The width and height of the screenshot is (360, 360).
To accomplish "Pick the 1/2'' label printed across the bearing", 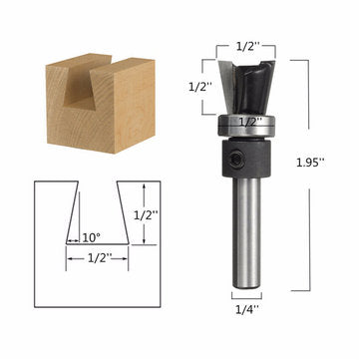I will pos(246,122).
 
